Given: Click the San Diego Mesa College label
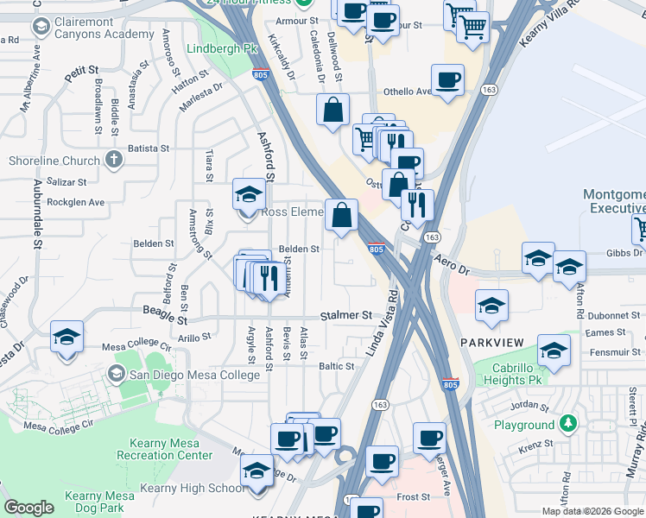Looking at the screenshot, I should click(x=194, y=375).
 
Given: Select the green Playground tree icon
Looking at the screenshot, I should click(x=567, y=424).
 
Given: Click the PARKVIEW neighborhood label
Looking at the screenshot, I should click(x=492, y=343).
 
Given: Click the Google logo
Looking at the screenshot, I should click(x=28, y=508).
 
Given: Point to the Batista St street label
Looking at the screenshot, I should click(x=149, y=148).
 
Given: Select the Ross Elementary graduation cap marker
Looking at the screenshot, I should click(x=249, y=195).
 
